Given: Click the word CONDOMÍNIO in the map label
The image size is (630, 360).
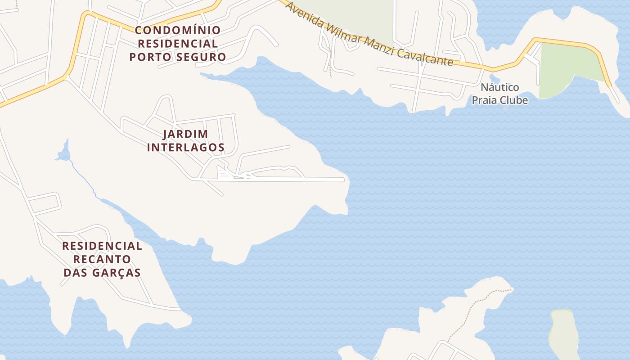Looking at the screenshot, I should point(178,31).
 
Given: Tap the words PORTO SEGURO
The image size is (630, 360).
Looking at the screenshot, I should point(178,57).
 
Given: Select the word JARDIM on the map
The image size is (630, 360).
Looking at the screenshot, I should point(185,134).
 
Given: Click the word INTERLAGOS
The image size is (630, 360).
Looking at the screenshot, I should point(185,147).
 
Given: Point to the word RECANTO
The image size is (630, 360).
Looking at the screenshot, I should point(102,259).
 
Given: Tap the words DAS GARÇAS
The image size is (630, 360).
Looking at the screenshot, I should point(102,273).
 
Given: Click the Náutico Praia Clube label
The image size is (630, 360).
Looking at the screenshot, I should point(499,94).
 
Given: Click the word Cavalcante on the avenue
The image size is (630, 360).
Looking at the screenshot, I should point(425,56).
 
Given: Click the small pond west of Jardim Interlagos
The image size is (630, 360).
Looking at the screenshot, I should point(63,154).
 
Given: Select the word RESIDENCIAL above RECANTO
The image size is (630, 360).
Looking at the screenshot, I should point(102,246).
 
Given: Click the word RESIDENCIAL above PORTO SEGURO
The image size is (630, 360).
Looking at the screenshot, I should point(178,44).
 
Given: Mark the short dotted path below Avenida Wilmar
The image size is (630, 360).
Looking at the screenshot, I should point(330,63).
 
